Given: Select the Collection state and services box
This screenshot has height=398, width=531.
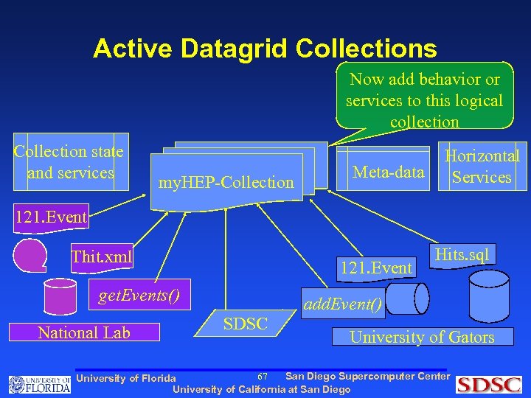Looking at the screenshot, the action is (71, 162).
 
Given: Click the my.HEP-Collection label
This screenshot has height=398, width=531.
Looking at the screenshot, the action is (227, 181).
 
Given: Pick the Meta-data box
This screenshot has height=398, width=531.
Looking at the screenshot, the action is (389, 172).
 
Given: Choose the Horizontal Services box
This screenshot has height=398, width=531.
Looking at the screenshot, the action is (482, 167).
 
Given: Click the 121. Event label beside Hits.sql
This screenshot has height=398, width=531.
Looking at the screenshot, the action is (374, 268).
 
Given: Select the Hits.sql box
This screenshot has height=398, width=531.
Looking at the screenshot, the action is (462, 255).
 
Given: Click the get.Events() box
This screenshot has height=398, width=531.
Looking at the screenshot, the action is (139, 297).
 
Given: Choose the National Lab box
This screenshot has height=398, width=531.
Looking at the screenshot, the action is (84, 332).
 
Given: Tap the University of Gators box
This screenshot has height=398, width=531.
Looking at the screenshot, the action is (422, 337).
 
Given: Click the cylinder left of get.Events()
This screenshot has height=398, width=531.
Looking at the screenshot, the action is (60, 296).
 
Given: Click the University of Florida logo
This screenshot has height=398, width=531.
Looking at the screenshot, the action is (40, 383).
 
